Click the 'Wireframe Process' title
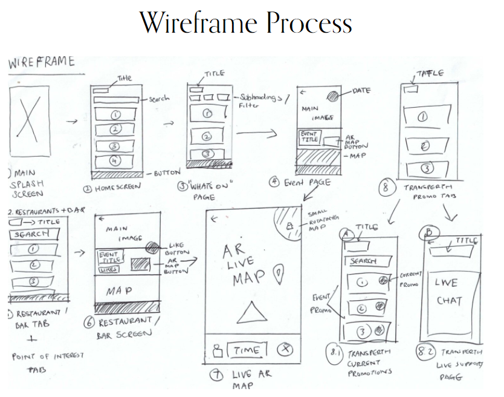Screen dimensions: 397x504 [245, 23]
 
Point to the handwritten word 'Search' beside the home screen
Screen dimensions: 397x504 [159, 99]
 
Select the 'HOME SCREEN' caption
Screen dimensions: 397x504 [114, 187]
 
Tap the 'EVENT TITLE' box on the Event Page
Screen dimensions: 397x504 [309, 137]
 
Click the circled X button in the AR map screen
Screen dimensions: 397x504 [286, 350]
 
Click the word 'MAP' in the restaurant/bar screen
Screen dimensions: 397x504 [118, 292]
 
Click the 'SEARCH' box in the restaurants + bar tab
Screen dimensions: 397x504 [31, 234]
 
